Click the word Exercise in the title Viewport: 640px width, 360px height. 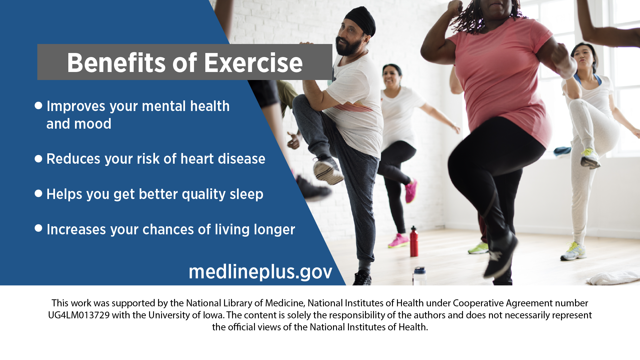pyautogui.click(x=253, y=63)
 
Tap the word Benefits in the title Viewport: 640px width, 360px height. pyautogui.click(x=116, y=63)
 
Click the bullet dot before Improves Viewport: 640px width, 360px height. pyautogui.click(x=38, y=106)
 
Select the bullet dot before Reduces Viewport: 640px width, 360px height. pyautogui.click(x=38, y=159)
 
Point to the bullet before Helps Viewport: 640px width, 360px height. pyautogui.click(x=38, y=194)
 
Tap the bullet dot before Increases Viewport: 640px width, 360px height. pyautogui.click(x=38, y=228)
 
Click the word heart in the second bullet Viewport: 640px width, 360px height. pyautogui.click(x=197, y=159)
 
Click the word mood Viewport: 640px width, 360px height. pyautogui.click(x=93, y=124)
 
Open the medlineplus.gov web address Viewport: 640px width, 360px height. pyautogui.click(x=260, y=272)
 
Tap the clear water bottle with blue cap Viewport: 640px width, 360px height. pyautogui.click(x=419, y=276)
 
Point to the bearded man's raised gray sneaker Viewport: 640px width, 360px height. pyautogui.click(x=327, y=170)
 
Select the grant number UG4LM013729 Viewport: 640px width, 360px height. pyautogui.click(x=79, y=315)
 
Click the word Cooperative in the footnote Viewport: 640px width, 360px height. pyautogui.click(x=478, y=303)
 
